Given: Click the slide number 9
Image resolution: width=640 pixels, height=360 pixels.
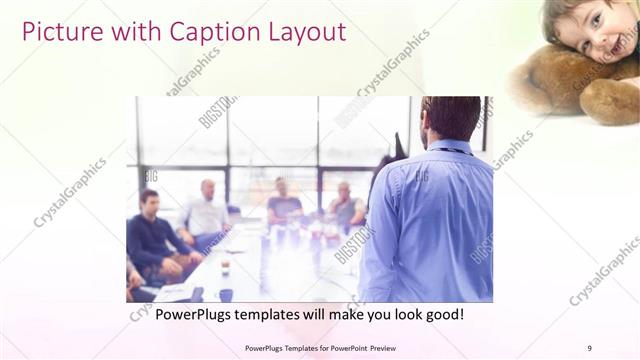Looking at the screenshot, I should click(x=589, y=347).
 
